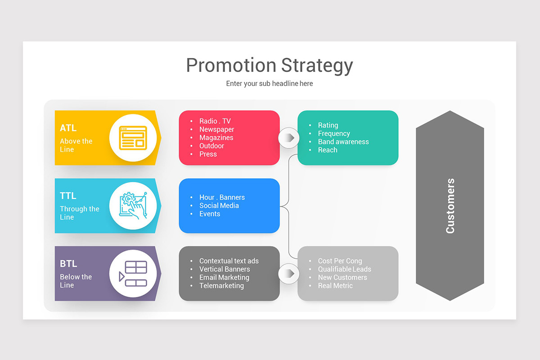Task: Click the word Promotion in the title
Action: pyautogui.click(x=231, y=65)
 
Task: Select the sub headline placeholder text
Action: pyautogui.click(x=270, y=84)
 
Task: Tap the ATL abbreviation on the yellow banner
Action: pyautogui.click(x=68, y=128)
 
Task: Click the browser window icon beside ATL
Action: pyautogui.click(x=133, y=138)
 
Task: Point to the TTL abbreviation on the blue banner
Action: pyautogui.click(x=68, y=196)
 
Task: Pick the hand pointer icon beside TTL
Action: pyautogui.click(x=133, y=206)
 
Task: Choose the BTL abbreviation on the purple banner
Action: pyautogui.click(x=68, y=264)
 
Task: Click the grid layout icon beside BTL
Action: pyautogui.click(x=133, y=274)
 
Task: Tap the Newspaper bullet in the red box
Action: pyautogui.click(x=216, y=130)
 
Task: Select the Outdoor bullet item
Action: pyautogui.click(x=211, y=146)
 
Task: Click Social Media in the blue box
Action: pyautogui.click(x=219, y=206)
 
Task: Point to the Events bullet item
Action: pyautogui.click(x=210, y=214)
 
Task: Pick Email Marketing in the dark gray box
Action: pyautogui.click(x=224, y=277)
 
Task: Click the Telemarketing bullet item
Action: pyautogui.click(x=221, y=286)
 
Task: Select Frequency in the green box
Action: pyautogui.click(x=334, y=134)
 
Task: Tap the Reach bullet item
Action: pyautogui.click(x=328, y=150)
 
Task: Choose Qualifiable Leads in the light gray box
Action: pyautogui.click(x=345, y=269)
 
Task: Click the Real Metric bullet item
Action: pyautogui.click(x=335, y=286)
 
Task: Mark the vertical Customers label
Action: pyautogui.click(x=450, y=206)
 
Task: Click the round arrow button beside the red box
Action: pyautogui.click(x=288, y=138)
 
